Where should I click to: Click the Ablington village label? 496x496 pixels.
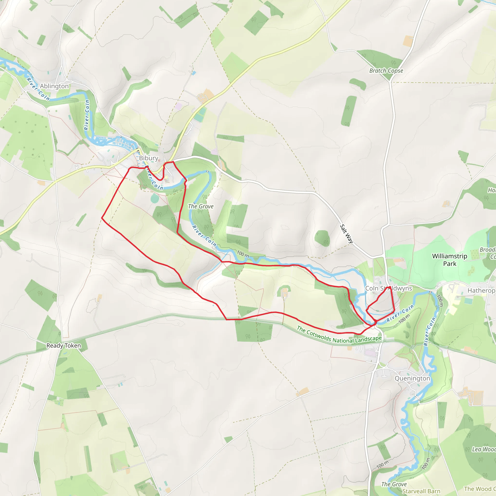point(54,86)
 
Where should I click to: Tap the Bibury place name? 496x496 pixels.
point(148,158)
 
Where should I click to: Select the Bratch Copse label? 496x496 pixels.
point(386,71)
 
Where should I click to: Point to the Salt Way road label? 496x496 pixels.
point(346,234)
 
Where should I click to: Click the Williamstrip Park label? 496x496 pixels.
point(449,260)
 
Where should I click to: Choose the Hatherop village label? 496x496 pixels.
point(481,290)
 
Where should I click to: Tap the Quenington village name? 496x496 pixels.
point(412,379)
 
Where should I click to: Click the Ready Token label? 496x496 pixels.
point(63,346)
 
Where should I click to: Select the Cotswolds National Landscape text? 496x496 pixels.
point(339,335)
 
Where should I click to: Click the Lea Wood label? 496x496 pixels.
point(484,449)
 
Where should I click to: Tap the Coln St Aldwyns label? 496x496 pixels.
point(388,288)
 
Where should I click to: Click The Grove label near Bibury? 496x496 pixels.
point(201,206)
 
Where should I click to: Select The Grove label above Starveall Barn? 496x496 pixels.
point(394,484)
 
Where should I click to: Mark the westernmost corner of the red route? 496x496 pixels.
point(102,218)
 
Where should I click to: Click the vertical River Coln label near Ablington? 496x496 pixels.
point(87,115)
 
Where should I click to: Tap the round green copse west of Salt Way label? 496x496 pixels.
point(322,238)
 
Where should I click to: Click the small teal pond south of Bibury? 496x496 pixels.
point(155,198)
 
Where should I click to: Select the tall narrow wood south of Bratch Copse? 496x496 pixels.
point(349,111)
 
